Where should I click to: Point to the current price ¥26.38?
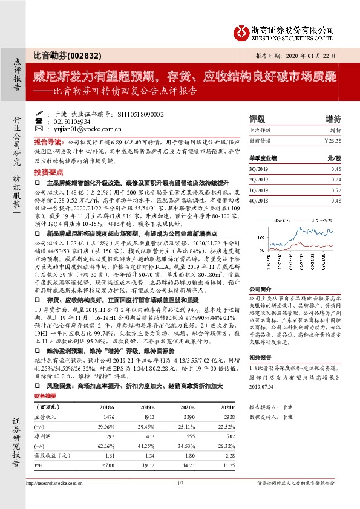click(333, 140)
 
